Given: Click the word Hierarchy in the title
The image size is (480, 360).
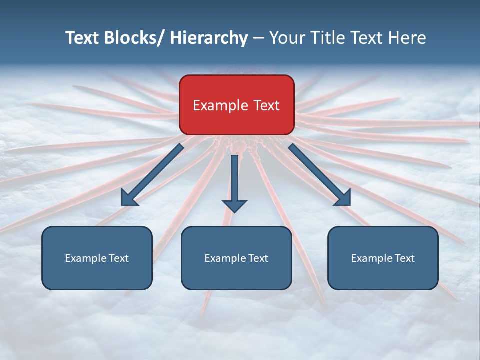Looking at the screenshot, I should click(209, 38).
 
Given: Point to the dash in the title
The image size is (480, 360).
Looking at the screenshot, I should click(258, 38).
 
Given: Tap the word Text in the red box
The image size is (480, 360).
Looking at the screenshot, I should click(266, 105).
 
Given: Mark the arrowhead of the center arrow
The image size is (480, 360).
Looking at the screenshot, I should click(234, 205).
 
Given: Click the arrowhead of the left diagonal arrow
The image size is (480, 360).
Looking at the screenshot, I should click(129, 198).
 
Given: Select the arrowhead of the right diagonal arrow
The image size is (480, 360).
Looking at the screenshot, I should click(343, 198).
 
